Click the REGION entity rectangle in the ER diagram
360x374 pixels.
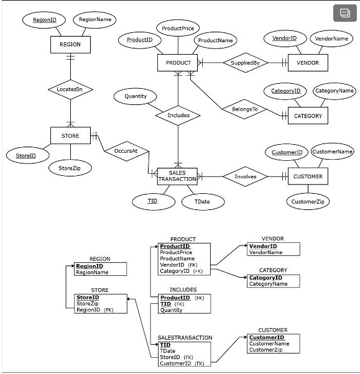coord(70,45)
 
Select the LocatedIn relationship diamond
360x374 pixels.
coord(70,89)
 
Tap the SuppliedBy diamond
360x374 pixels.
coord(249,63)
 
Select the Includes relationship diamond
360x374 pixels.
coord(178,115)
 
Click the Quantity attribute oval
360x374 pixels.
coord(136,96)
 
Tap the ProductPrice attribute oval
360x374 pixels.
coord(177,29)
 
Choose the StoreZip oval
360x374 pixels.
coord(70,168)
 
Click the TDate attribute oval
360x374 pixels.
coord(202,201)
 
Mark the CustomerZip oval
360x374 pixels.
coord(308,201)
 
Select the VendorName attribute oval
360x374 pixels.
coord(331,39)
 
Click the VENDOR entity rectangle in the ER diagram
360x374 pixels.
coord(307,63)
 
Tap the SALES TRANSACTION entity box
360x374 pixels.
coord(177,176)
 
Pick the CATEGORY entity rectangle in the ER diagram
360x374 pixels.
coord(308,116)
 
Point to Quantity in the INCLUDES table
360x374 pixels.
coord(172,310)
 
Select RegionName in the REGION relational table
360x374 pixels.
coord(92,272)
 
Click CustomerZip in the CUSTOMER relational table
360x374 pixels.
coord(265,350)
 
